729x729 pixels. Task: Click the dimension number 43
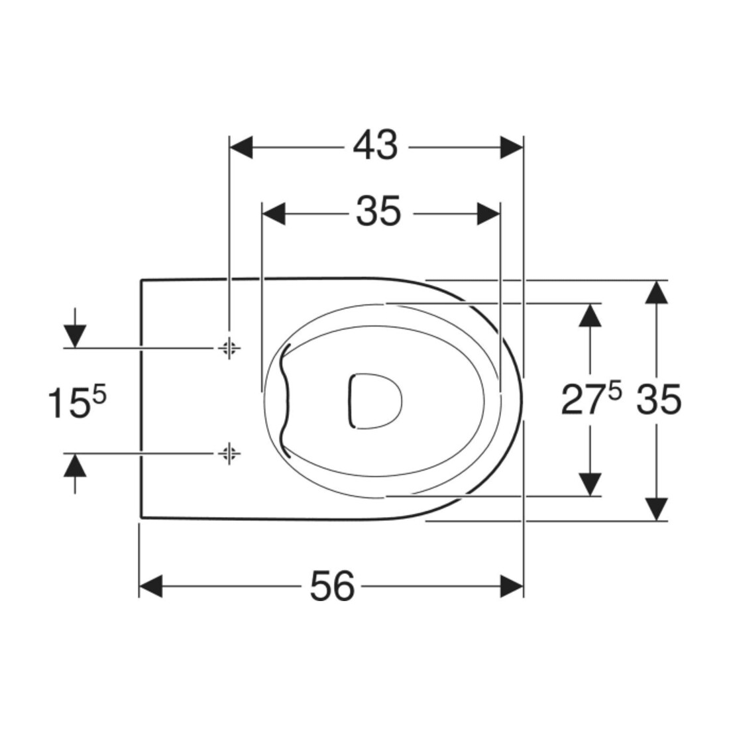(375, 146)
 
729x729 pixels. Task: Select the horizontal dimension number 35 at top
(378, 212)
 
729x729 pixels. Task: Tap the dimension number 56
(332, 586)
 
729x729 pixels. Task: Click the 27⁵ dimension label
(591, 400)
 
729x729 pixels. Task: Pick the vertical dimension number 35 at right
(659, 400)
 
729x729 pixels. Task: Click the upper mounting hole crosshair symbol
(229, 347)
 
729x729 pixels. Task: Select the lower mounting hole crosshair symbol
(229, 453)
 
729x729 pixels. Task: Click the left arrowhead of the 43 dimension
(241, 147)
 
